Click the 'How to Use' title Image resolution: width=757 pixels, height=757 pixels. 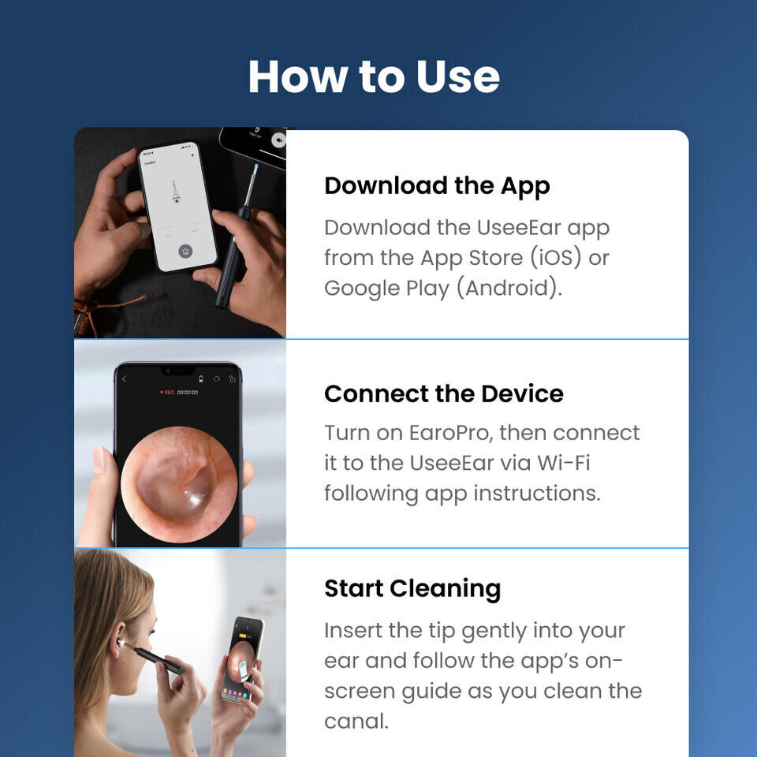(374, 76)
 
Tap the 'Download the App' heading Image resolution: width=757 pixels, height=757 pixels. (437, 186)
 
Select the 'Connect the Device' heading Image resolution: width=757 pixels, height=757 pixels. (444, 393)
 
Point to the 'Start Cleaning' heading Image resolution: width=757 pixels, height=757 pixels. (412, 589)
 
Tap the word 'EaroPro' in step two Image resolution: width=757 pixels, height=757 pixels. (451, 433)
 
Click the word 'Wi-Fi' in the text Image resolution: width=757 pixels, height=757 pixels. (564, 463)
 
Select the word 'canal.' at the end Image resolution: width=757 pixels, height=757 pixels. (356, 722)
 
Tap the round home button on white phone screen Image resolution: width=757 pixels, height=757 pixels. (185, 251)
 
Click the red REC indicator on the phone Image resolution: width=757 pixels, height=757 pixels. (167, 393)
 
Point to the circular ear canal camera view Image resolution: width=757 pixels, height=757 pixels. (179, 484)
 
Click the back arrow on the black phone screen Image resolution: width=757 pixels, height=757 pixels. (124, 379)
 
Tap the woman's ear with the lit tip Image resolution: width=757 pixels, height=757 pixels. (117, 640)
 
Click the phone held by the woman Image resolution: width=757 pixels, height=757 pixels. (243, 658)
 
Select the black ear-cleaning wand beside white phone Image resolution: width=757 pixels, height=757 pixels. (236, 236)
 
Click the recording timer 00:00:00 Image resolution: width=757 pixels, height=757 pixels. (188, 393)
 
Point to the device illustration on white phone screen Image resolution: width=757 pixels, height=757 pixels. (175, 192)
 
